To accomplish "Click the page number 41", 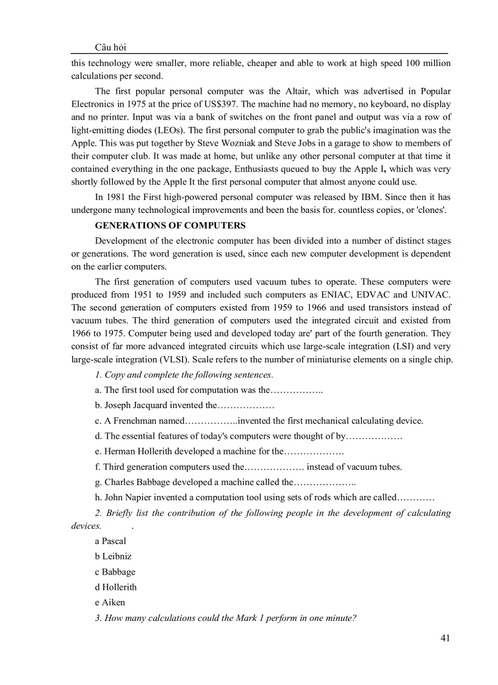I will point(444,638).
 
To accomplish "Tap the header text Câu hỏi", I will point(111,48).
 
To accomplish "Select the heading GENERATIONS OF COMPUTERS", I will point(170,225).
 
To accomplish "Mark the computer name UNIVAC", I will point(429,294).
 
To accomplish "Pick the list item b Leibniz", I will point(113,556).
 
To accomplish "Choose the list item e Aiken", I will point(110,602).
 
